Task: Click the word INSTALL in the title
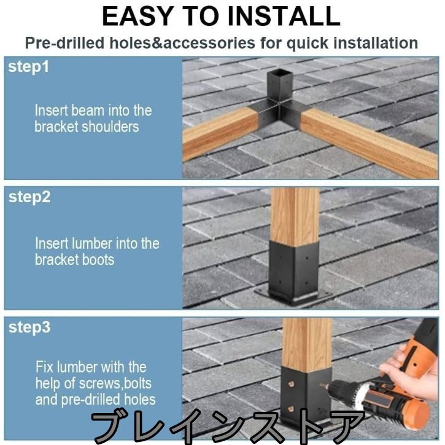[x=284, y=16]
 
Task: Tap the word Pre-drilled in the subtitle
[x=64, y=44]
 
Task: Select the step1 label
[x=28, y=67]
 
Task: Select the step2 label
[x=29, y=197]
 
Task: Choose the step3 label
[x=29, y=328]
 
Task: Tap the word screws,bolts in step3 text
[x=115, y=384]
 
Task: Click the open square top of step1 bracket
[x=279, y=74]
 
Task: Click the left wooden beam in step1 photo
[x=220, y=133]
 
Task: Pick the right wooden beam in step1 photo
[x=369, y=142]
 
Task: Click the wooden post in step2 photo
[x=295, y=216]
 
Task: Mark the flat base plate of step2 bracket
[x=295, y=298]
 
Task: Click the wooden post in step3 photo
[x=308, y=344]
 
